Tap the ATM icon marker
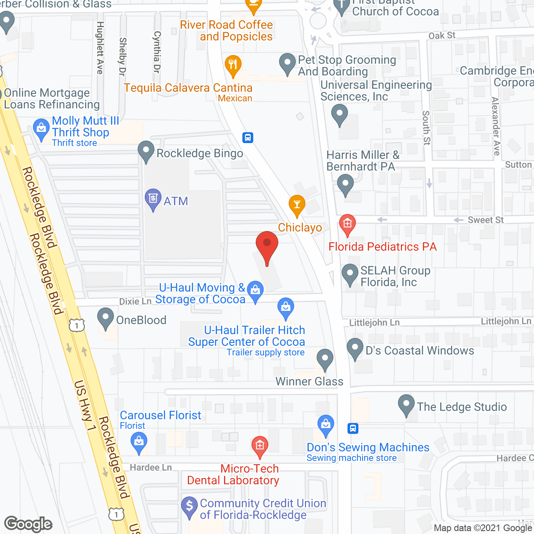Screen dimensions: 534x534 [x=153, y=199]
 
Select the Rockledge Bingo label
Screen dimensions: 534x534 [x=199, y=154]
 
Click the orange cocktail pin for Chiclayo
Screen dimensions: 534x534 [x=297, y=205]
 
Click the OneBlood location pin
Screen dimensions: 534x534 [x=106, y=318]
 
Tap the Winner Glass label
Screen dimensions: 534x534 [x=310, y=381]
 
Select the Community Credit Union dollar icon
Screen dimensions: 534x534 [x=189, y=506]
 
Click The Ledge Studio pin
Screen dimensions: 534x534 [x=406, y=404]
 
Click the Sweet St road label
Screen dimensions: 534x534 [x=486, y=220]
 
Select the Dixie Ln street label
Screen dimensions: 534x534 [x=135, y=301]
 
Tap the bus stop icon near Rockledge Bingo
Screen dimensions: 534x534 [x=248, y=137]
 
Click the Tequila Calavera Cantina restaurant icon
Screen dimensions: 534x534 [x=233, y=65]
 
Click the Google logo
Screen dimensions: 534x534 [x=28, y=524]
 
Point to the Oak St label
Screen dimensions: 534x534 [x=442, y=36]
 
